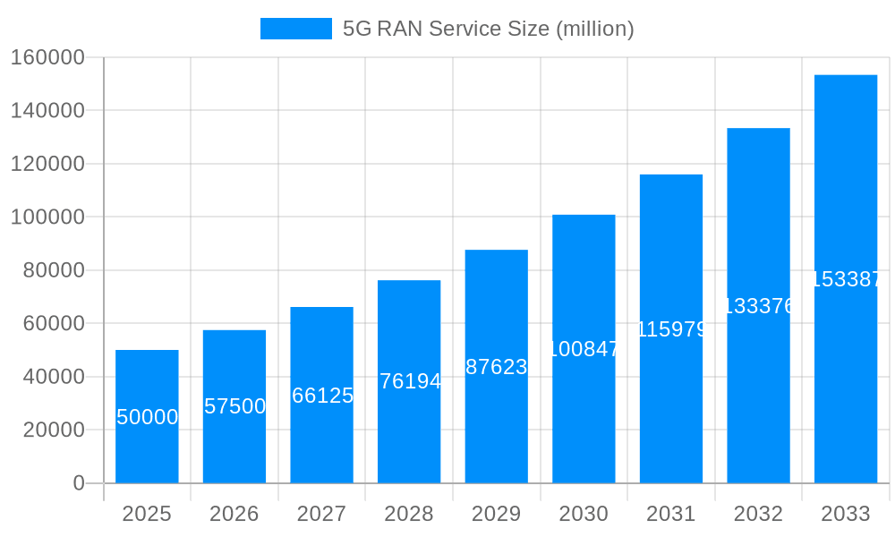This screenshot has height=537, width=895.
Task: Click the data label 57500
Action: click(234, 406)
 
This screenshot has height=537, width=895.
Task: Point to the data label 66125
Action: click(322, 396)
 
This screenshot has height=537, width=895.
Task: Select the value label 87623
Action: click(497, 367)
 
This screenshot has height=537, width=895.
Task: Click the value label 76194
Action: click(410, 381)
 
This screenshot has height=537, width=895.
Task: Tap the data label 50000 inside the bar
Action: click(148, 417)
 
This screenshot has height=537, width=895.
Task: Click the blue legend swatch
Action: click(295, 29)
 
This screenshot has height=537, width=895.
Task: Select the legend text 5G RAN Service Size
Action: click(488, 29)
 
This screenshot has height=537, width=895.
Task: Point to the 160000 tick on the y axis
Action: click(47, 57)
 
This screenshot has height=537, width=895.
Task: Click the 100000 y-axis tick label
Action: click(47, 217)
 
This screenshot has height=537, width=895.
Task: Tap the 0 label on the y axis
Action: click(79, 483)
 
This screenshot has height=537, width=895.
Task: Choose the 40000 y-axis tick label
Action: click(52, 377)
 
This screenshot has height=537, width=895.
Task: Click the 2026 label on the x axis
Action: click(234, 514)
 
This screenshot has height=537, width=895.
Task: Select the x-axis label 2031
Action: click(671, 514)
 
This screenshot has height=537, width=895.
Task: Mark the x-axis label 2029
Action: click(497, 514)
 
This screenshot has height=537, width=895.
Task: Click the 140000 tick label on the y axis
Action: click(47, 111)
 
